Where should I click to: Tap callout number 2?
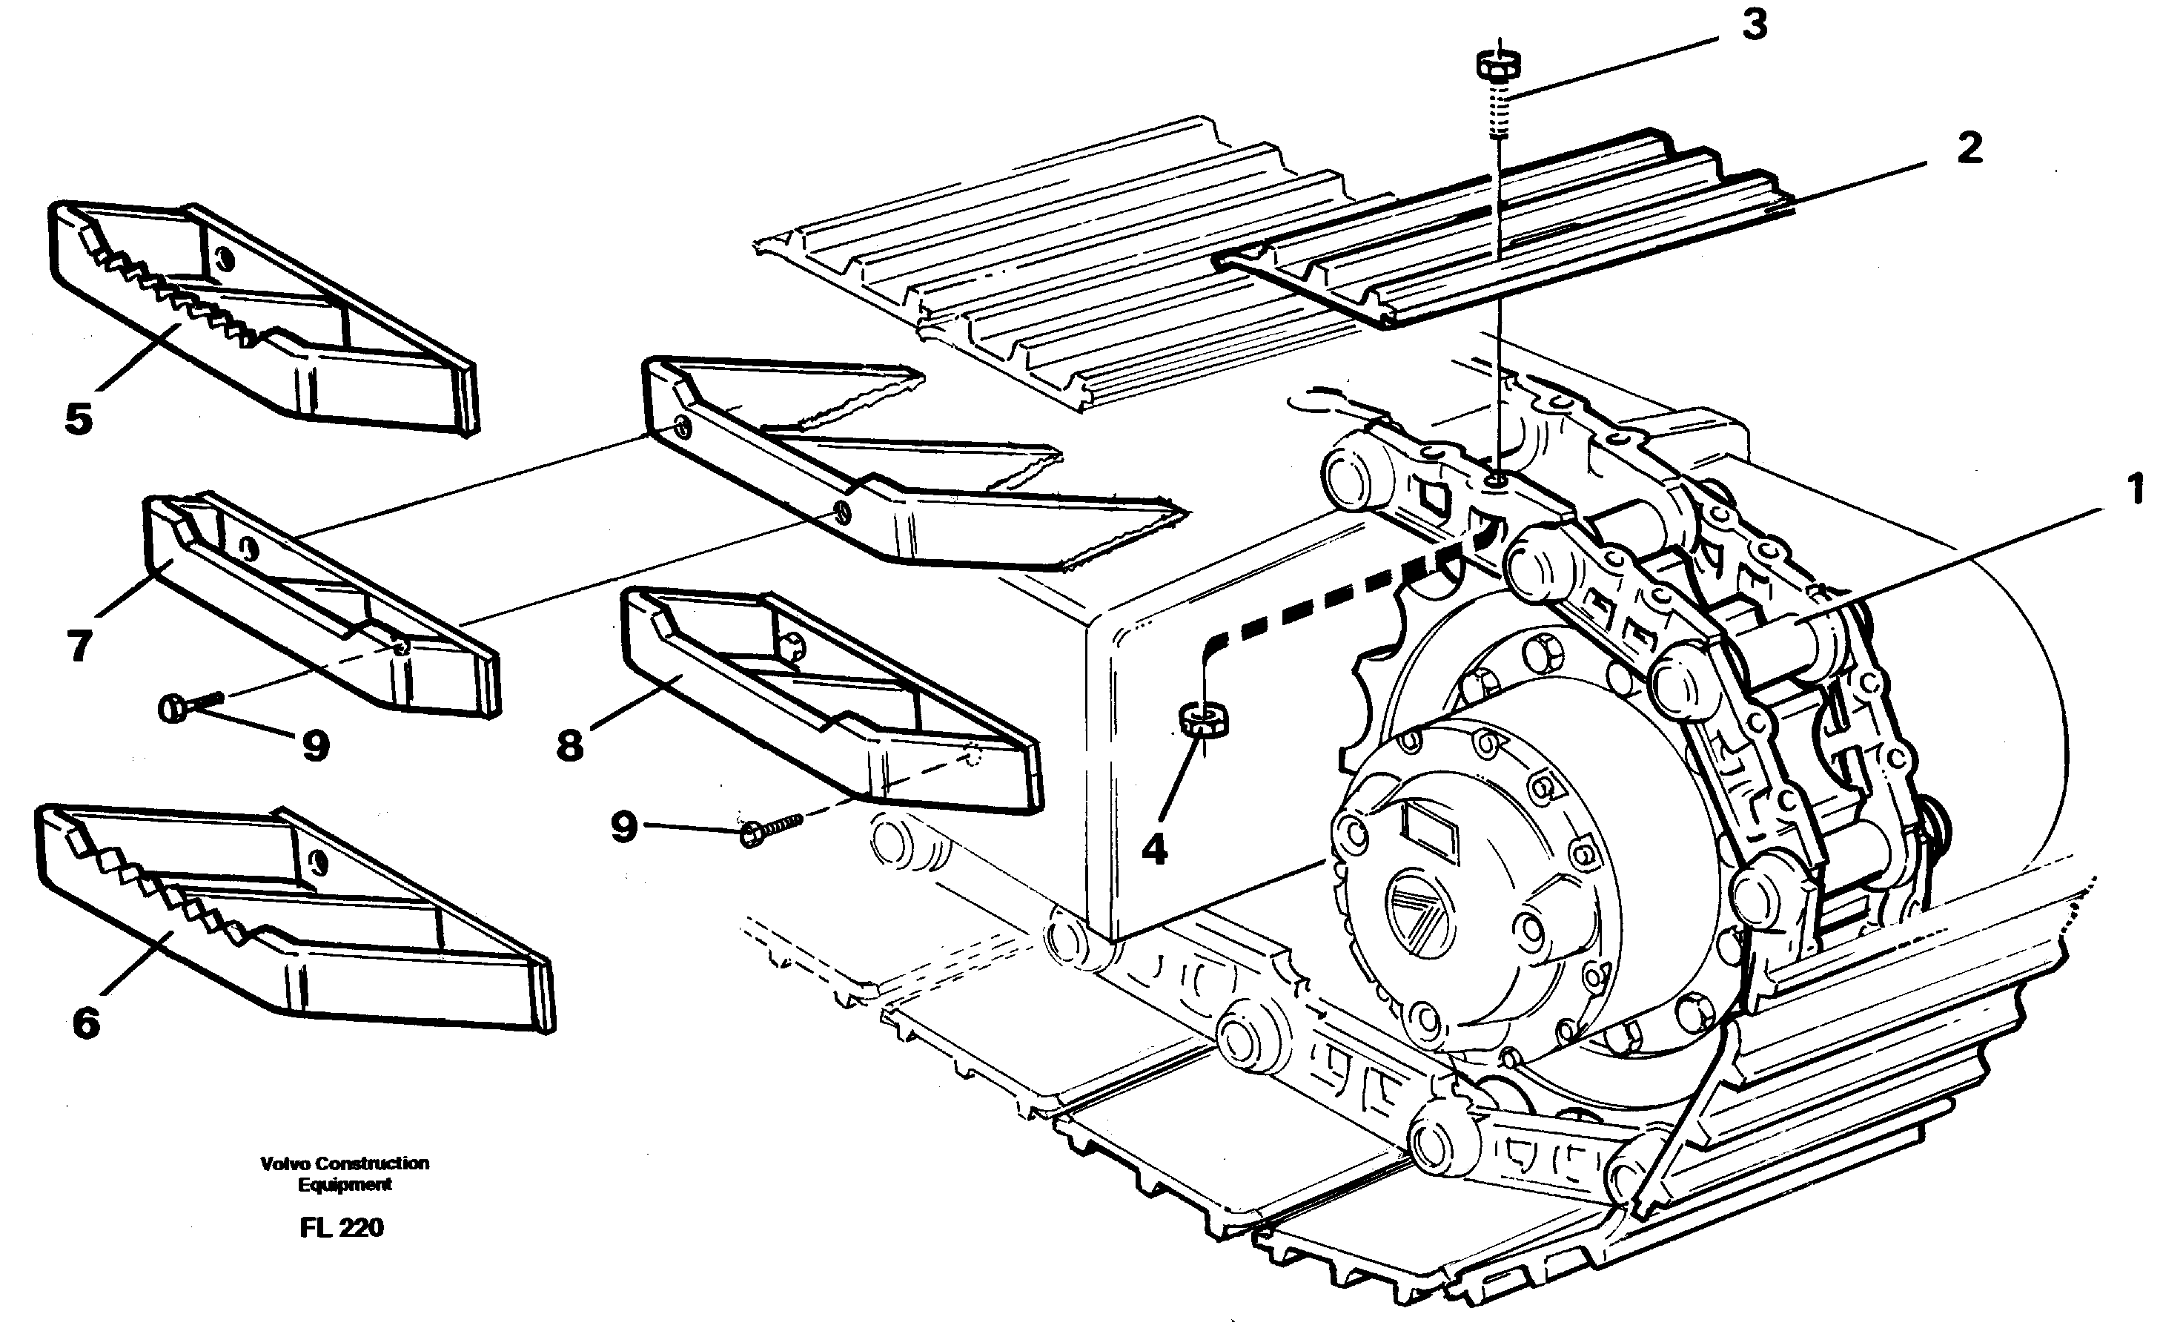pyautogui.click(x=1969, y=148)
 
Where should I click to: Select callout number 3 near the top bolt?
pyautogui.click(x=1755, y=26)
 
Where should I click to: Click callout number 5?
pyautogui.click(x=79, y=419)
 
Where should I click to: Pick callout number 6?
pyautogui.click(x=85, y=1023)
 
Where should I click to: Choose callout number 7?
pyautogui.click(x=79, y=646)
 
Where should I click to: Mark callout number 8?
pyautogui.click(x=570, y=745)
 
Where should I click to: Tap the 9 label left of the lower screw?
pyautogui.click(x=623, y=828)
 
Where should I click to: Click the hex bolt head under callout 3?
pyautogui.click(x=1497, y=65)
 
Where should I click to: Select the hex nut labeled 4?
pyautogui.click(x=1203, y=720)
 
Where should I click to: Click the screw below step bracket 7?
pyautogui.click(x=188, y=706)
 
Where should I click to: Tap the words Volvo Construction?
pyautogui.click(x=344, y=1163)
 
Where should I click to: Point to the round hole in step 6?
pyautogui.click(x=319, y=859)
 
